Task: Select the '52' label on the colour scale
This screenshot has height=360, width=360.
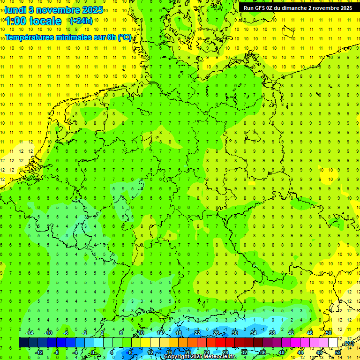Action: pos(337,352)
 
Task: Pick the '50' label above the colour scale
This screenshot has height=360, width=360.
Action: pos(329,333)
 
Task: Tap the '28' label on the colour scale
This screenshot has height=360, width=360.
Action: pos(225,352)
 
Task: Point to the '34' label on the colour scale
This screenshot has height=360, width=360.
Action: pos(254,333)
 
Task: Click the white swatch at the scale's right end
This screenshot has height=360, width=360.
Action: pos(333,343)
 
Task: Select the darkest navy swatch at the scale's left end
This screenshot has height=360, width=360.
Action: pos(23,343)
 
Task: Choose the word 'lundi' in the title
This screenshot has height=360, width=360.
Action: pos(15,10)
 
